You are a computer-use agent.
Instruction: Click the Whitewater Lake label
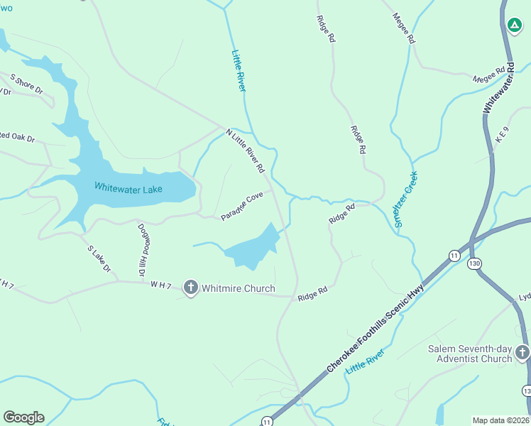coord(128,188)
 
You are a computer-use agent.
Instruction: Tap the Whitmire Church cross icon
coord(190,288)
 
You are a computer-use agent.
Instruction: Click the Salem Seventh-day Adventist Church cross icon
coord(522,352)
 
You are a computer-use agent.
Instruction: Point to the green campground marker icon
coord(515,26)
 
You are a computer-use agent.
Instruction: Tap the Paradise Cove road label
coord(241,206)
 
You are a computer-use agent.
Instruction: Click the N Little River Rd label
coord(245,151)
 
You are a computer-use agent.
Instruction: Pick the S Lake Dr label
coord(99,259)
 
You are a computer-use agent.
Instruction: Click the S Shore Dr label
coord(26,84)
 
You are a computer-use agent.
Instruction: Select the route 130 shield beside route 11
coord(474,263)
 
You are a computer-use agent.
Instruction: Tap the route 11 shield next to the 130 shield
coord(454,255)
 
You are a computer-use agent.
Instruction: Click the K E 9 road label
coord(502,139)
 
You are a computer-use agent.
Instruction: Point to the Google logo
coord(23,417)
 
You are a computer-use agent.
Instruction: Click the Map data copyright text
coord(501,420)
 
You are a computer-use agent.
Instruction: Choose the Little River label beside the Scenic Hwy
coord(365,362)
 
